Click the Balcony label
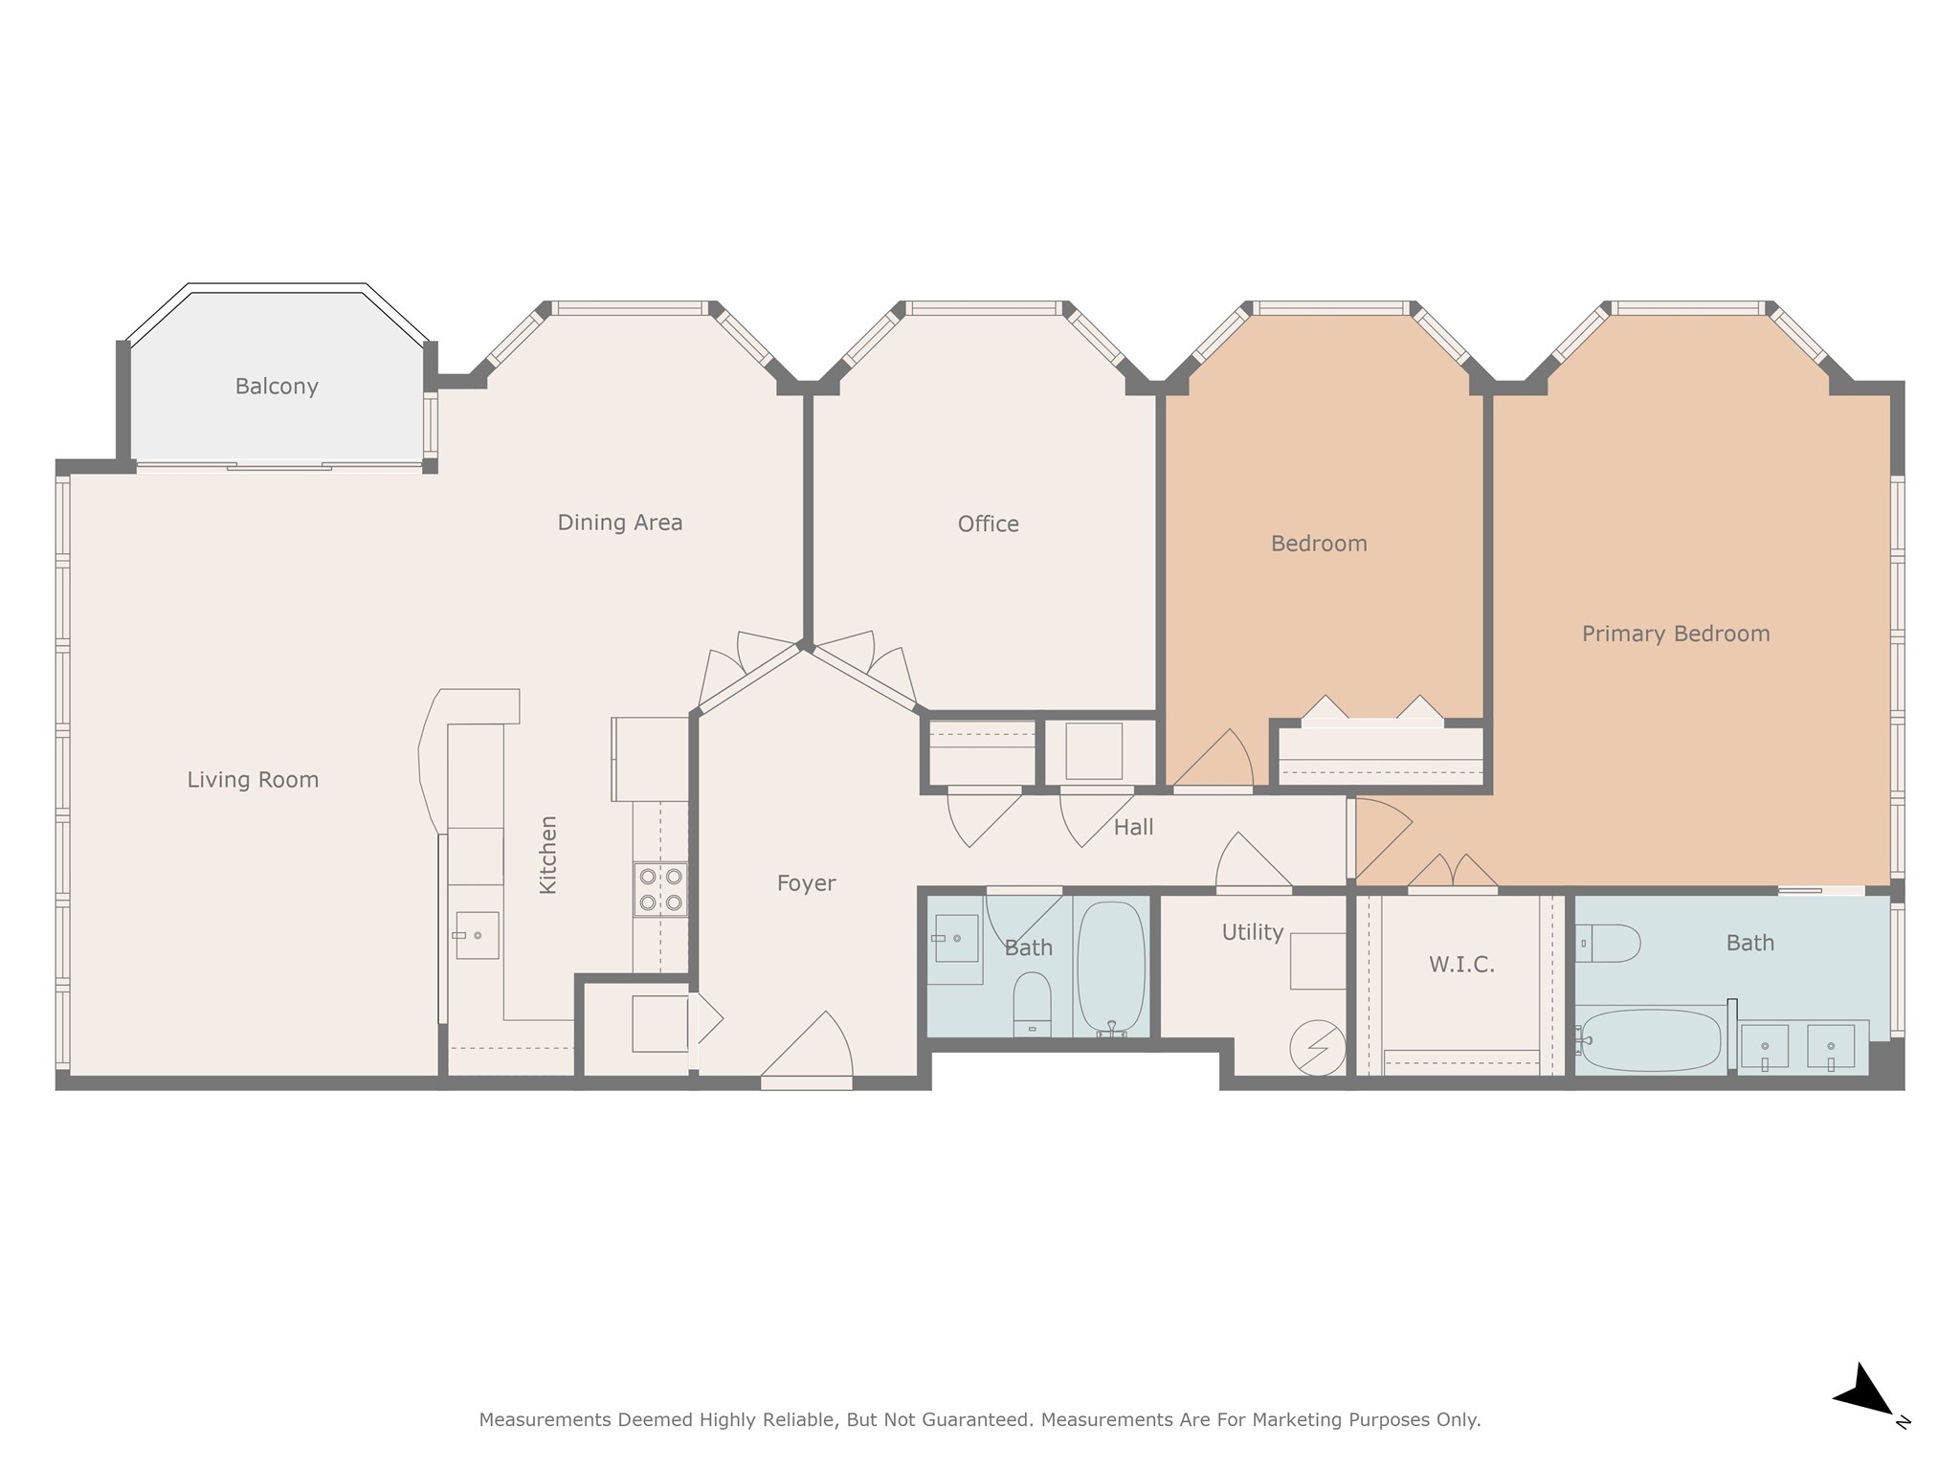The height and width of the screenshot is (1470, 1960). pyautogui.click(x=277, y=387)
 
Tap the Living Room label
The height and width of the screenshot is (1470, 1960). pyautogui.click(x=253, y=780)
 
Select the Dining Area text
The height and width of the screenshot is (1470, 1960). pyautogui.click(x=620, y=523)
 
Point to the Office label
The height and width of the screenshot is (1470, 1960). pyautogui.click(x=988, y=524)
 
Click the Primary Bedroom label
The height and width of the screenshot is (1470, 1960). pyautogui.click(x=1675, y=634)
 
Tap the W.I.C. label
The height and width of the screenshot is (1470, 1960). pyautogui.click(x=1461, y=965)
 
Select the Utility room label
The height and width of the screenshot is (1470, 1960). pyautogui.click(x=1252, y=932)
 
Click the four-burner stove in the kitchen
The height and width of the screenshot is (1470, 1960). pyautogui.click(x=660, y=889)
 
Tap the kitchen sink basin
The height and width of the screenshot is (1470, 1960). pyautogui.click(x=478, y=935)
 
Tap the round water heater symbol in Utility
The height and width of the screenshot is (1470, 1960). pyautogui.click(x=1317, y=1048)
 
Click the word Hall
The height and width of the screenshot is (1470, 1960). pyautogui.click(x=1133, y=827)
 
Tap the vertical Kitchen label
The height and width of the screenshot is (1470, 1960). pyautogui.click(x=547, y=855)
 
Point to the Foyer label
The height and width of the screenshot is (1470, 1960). pyautogui.click(x=806, y=883)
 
